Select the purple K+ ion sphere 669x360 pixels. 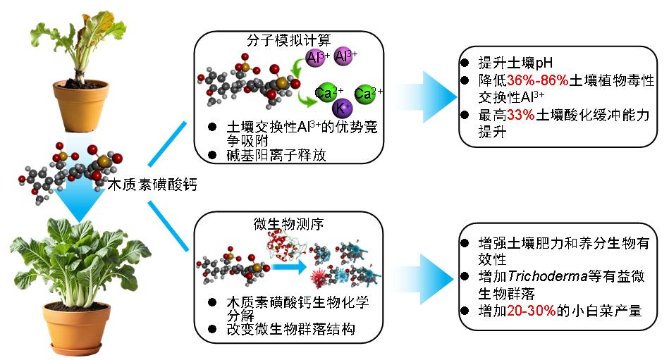click(343, 108)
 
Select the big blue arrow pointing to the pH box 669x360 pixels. click(430, 95)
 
